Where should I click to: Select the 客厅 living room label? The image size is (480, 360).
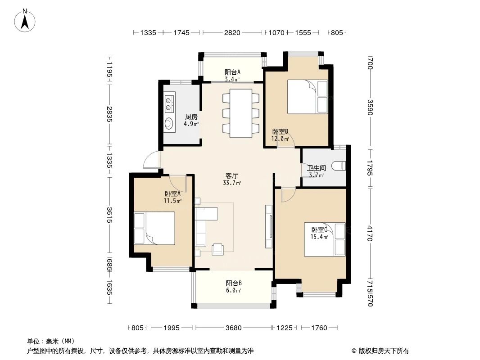232,176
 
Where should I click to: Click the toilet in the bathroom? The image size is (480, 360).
339,166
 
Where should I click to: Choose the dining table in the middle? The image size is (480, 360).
241,113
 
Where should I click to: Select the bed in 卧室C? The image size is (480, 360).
325,239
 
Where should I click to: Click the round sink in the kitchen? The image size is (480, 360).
169,123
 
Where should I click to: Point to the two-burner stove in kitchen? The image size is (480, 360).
169,103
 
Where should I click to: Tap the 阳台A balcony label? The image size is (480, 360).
232,72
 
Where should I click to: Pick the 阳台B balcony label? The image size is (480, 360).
234,283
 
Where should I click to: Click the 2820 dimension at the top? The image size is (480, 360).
232,32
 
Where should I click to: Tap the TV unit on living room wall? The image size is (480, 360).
269,226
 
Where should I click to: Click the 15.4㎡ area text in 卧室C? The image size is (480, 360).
319,236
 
